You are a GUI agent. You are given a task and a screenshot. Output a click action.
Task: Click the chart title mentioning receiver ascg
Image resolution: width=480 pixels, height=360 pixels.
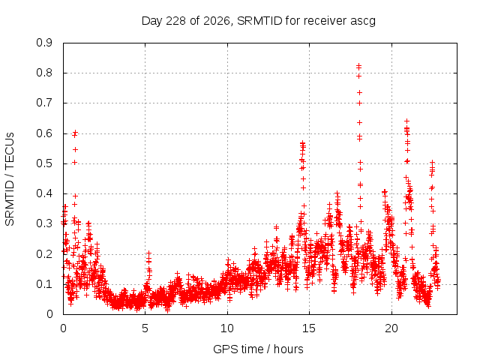(x=258, y=21)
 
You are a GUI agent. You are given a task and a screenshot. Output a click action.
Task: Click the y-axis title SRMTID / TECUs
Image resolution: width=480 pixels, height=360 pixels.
(x=10, y=179)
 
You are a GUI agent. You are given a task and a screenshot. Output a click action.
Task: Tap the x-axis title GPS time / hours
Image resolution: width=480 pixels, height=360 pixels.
(x=258, y=349)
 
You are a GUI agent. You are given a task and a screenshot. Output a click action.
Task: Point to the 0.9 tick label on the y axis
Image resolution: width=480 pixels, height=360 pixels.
(x=44, y=43)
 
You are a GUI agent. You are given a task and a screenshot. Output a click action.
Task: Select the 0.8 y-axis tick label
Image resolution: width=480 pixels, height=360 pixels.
(x=44, y=73)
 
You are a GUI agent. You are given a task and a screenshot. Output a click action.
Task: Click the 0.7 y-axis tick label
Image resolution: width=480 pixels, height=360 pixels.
(x=44, y=103)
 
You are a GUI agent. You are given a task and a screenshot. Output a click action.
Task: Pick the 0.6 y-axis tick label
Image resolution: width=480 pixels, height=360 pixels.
(x=44, y=133)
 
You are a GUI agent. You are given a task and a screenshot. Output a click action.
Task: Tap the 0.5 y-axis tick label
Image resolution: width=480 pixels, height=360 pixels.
(x=44, y=163)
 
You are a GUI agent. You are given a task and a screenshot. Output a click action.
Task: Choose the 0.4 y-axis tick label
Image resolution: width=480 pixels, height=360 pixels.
(x=44, y=193)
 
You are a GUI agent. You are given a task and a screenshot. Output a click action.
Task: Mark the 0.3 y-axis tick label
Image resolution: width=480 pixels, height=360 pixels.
(x=44, y=223)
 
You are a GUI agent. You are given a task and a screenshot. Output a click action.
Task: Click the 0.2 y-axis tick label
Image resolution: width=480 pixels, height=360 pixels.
(x=44, y=254)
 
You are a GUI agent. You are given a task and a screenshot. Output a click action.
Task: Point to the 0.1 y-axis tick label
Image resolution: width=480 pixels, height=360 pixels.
(x=44, y=284)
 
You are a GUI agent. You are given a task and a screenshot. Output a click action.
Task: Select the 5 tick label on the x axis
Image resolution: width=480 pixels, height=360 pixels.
(x=145, y=328)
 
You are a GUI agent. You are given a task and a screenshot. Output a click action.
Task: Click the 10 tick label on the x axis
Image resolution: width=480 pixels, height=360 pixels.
(x=227, y=328)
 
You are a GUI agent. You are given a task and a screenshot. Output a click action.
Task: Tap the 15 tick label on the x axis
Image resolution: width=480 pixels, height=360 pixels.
(x=309, y=328)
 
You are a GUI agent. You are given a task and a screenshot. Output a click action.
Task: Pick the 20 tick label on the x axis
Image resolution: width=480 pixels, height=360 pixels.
(x=391, y=328)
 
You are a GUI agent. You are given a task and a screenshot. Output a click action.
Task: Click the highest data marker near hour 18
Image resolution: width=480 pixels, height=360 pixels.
(x=359, y=65)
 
